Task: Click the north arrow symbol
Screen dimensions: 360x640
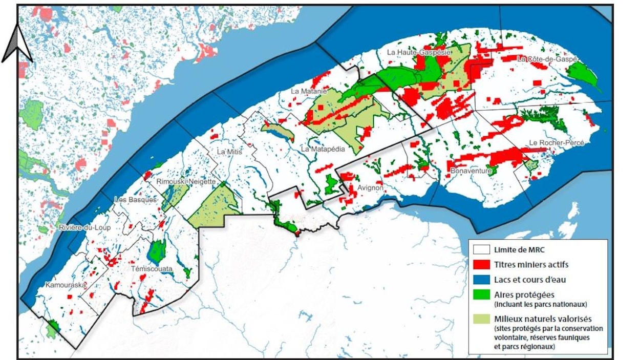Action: pos(17,45)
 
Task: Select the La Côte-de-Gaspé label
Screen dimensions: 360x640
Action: pos(547,59)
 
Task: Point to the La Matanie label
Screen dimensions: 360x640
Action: pos(309,91)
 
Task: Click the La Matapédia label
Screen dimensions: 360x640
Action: pos(323,150)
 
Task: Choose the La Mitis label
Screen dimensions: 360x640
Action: pos(228,152)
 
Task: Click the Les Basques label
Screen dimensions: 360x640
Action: pos(135,200)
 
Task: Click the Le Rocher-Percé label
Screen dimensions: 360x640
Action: pos(557,143)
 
